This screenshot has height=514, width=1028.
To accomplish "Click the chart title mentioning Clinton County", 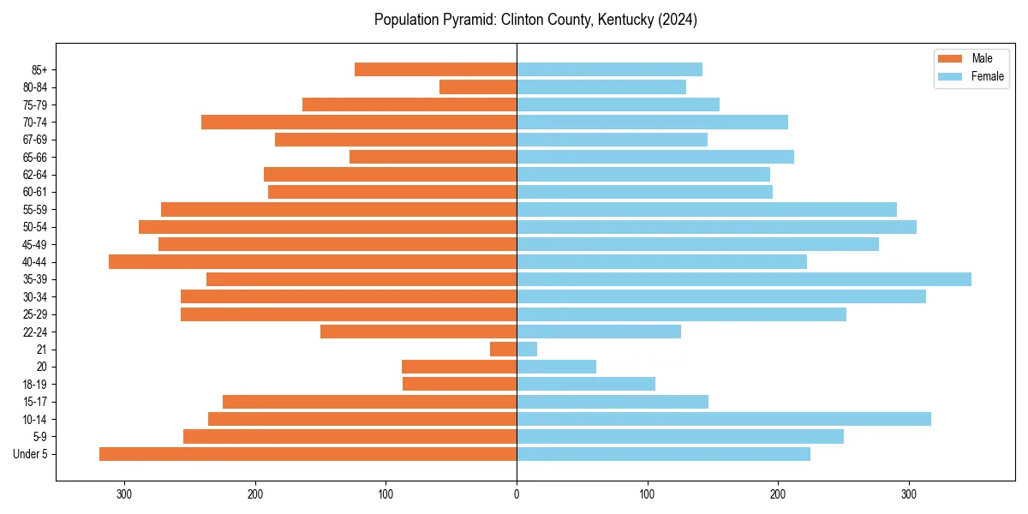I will coord(535,20).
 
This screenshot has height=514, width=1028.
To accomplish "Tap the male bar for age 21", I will coord(503,349).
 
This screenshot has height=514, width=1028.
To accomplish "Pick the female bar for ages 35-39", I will coord(744,279).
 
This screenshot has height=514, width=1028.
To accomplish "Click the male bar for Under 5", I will coord(308,454).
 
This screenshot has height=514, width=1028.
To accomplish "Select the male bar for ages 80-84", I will coord(478,87).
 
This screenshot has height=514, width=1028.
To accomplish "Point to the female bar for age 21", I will coord(527,349).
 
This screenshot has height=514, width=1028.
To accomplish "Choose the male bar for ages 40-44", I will coord(313,261).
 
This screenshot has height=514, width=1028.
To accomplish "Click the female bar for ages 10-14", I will coord(724,419).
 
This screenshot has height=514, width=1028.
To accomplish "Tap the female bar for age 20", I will coord(556,367).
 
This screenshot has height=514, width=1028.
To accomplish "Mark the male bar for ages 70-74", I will coord(359,122).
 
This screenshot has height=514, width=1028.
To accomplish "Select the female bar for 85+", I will coord(609,69).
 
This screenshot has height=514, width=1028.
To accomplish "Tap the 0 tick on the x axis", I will coord(517,494).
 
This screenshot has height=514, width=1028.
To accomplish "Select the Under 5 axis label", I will coord(31,454).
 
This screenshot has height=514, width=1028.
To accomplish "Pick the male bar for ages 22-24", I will coord(418,332).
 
